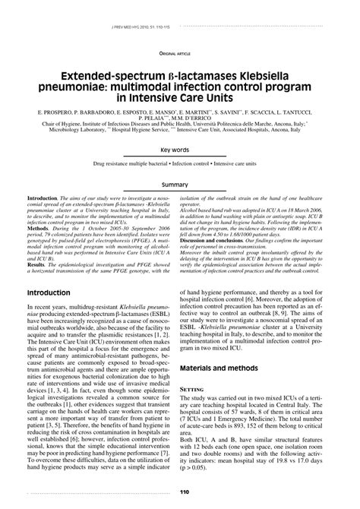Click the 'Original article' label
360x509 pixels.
pos(175,53)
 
